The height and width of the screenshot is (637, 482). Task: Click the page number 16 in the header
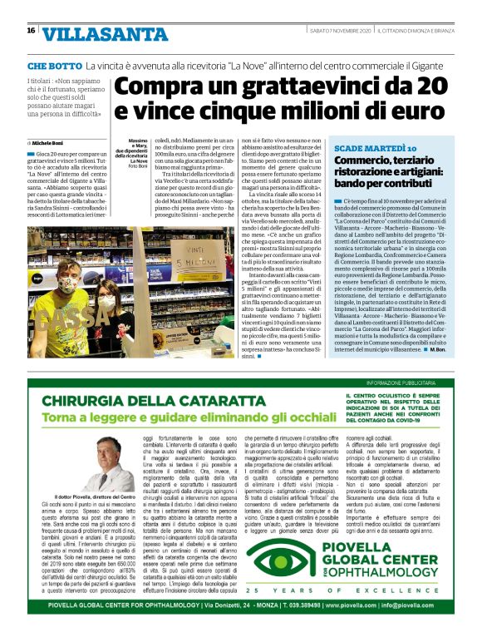click(31, 31)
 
